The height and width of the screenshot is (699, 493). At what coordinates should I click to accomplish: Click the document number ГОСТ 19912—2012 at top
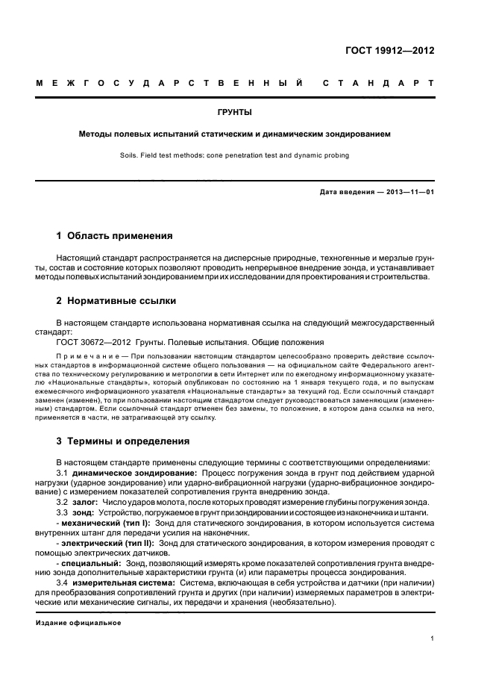[390, 52]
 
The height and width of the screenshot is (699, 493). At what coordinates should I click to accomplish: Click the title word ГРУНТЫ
[234, 113]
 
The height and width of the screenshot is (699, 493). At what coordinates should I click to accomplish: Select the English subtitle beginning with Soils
[234, 156]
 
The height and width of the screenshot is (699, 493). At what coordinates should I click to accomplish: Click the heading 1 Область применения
[114, 235]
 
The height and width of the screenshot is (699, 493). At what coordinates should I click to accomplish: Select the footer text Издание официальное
[78, 621]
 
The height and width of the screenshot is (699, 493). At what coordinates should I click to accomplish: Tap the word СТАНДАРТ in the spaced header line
[377, 82]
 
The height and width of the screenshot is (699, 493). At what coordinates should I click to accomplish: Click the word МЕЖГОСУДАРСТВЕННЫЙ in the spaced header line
[169, 82]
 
